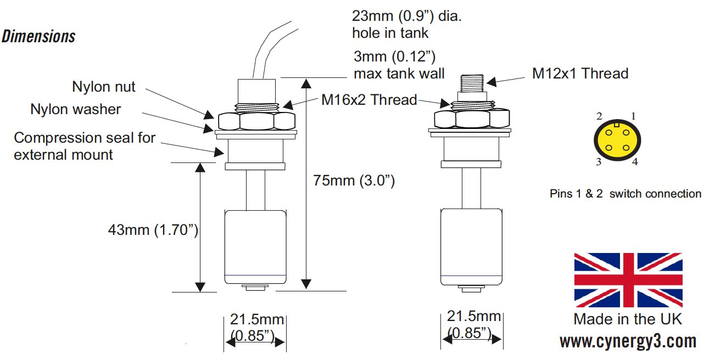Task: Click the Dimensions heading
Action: pos(38,37)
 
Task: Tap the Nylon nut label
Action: pos(103,87)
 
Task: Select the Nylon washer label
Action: pos(75,109)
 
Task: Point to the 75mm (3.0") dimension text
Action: pos(354,181)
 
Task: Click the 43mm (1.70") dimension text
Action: pos(153,229)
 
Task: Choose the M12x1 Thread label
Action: pos(580,73)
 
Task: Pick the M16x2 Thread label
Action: pos(369,100)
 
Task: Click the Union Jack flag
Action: pos(628,280)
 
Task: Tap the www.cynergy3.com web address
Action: pos(628,341)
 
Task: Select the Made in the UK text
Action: pos(628,319)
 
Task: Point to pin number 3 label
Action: pos(599,162)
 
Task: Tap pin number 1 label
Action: pos(633,116)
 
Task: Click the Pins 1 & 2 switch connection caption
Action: pos(625,194)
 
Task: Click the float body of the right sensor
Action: pos(471,246)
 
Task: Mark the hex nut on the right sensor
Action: pos(472,119)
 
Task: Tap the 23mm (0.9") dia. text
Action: pos(407,17)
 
